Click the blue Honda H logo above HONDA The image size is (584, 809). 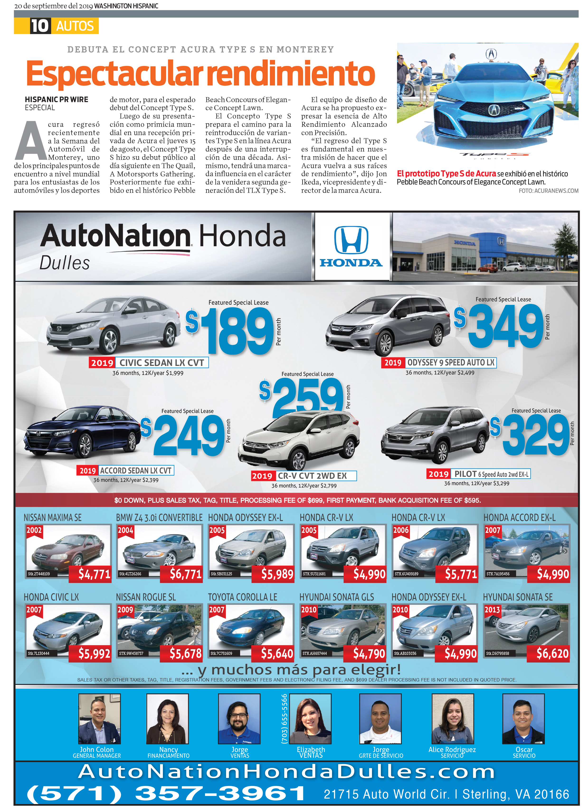pos(351,240)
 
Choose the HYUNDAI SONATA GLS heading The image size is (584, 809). pos(337,597)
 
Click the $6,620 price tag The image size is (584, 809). pos(552,653)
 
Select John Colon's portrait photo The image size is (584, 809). pos(99,718)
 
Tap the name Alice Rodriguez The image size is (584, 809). pos(452,749)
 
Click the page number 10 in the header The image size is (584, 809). pos(39,26)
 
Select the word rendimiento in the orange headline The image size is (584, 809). pos(291,73)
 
